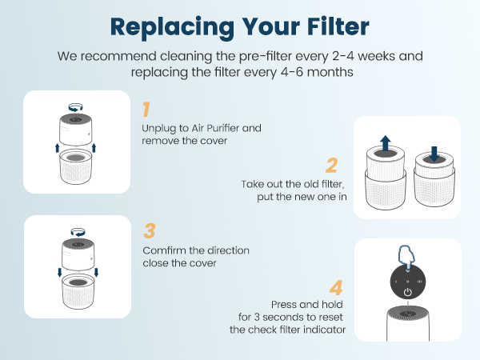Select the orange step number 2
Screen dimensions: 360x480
tap(331, 166)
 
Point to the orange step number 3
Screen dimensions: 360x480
tap(149, 231)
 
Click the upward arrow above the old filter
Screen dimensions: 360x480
tap(385, 144)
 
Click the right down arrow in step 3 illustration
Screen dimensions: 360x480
tap(96, 273)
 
